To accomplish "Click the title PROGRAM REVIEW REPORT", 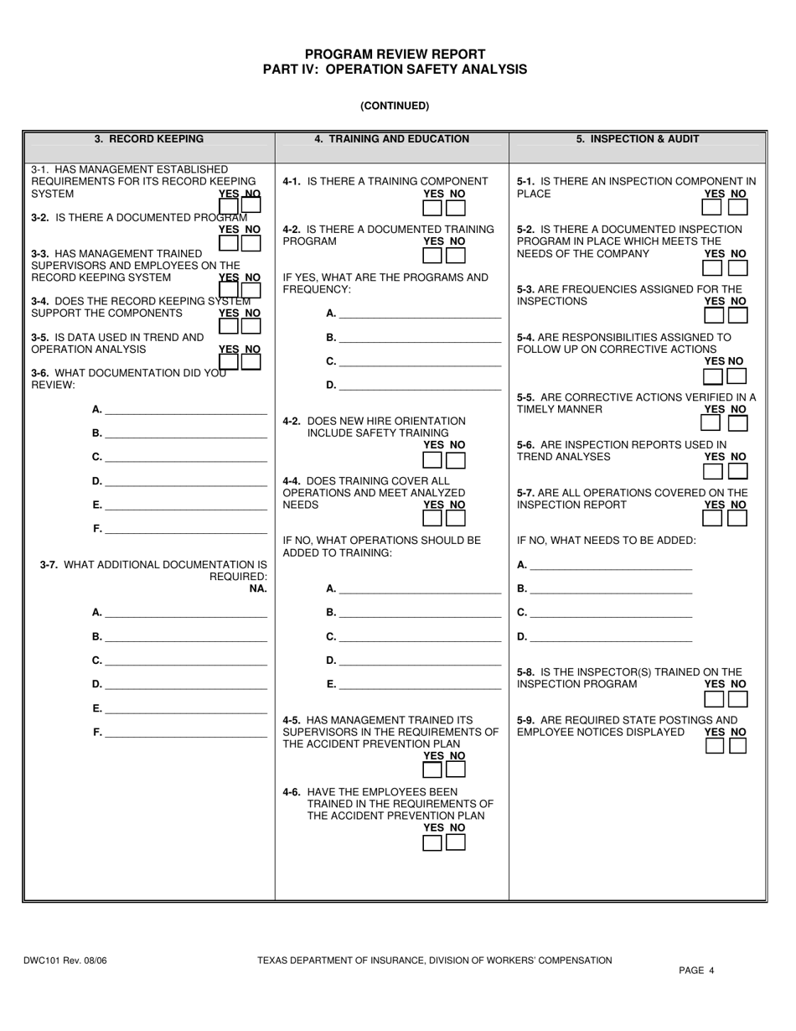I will (395, 54).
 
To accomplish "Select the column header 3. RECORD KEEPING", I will (149, 139).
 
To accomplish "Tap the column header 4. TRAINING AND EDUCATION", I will (391, 139).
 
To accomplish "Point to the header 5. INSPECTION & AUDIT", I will (637, 139).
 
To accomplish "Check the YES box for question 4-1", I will (432, 208).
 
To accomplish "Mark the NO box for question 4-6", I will (456, 842).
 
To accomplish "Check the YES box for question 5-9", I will (714, 746).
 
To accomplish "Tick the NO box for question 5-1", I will (738, 208).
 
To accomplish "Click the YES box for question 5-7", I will (714, 519).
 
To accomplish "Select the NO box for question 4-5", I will (456, 770).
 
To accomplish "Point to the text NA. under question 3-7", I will (258, 589).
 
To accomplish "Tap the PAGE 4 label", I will (696, 971).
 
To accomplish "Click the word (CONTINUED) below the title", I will (395, 106).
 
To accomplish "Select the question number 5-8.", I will (527, 671).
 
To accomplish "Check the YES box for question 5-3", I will (714, 315).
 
